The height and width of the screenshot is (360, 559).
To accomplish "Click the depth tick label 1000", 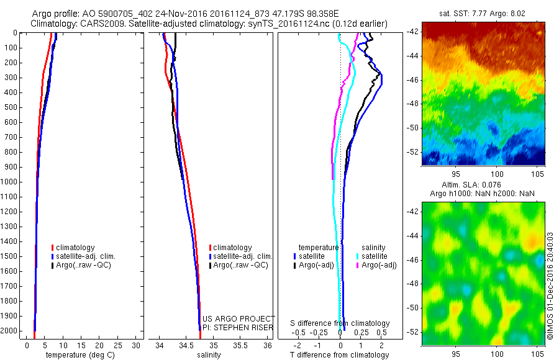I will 9,182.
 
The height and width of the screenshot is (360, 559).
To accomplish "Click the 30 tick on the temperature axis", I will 136,345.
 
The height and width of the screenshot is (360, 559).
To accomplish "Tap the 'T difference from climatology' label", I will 339,355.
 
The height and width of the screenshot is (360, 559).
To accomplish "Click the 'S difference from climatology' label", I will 340,323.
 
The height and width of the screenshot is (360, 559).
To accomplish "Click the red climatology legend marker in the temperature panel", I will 52,248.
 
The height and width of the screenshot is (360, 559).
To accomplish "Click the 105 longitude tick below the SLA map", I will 537,353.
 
